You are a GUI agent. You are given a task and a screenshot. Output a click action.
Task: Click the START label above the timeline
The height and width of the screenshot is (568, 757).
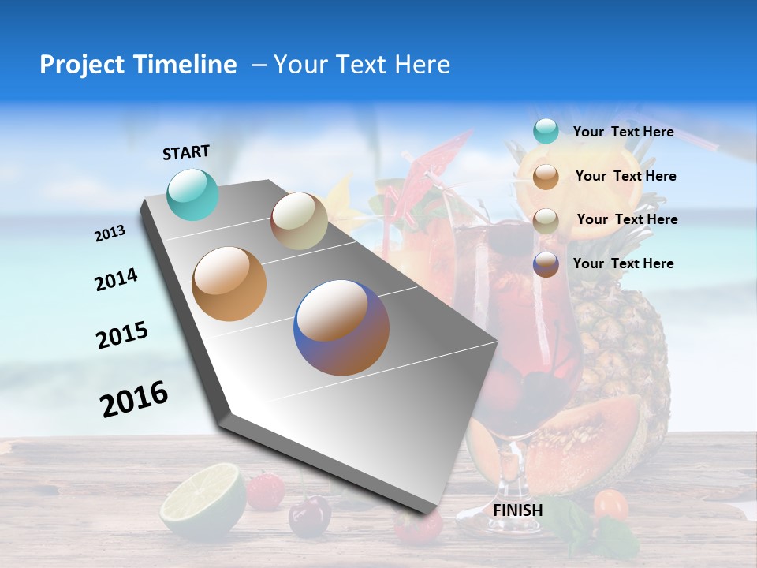pyautogui.click(x=186, y=152)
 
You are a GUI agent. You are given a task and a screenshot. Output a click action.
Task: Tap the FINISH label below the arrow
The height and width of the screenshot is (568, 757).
pyautogui.click(x=518, y=510)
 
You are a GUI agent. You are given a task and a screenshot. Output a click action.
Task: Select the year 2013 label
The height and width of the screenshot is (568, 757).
pyautogui.click(x=110, y=234)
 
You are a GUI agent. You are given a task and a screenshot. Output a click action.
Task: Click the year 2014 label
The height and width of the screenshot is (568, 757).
pyautogui.click(x=117, y=280)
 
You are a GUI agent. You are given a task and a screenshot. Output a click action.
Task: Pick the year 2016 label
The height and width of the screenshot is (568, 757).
pyautogui.click(x=134, y=398)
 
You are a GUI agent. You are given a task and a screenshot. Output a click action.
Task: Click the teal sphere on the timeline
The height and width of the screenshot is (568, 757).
pyautogui.click(x=193, y=194)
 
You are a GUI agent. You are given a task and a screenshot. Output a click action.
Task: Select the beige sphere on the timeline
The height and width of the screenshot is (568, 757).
pyautogui.click(x=299, y=221)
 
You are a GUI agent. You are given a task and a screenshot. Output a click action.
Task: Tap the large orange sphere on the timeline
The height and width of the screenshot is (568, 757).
pyautogui.click(x=229, y=284)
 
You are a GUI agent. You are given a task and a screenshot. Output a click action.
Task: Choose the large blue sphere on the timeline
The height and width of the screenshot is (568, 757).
pyautogui.click(x=341, y=327)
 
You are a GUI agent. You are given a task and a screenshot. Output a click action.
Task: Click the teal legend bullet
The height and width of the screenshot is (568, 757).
pyautogui.click(x=546, y=132)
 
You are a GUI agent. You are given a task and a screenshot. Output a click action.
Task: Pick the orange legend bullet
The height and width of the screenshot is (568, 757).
pyautogui.click(x=546, y=176)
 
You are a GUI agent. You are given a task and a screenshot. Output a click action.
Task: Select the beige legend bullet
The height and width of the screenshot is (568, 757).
pyautogui.click(x=546, y=220)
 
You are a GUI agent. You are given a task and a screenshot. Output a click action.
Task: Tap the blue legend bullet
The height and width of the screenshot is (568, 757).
pyautogui.click(x=546, y=263)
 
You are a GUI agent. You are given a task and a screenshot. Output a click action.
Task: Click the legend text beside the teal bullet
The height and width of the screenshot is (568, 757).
pyautogui.click(x=623, y=133)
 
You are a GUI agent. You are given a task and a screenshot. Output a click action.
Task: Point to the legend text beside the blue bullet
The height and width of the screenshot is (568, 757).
pyautogui.click(x=623, y=263)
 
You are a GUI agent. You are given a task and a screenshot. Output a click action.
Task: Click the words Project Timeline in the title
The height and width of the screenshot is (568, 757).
pyautogui.click(x=138, y=65)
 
